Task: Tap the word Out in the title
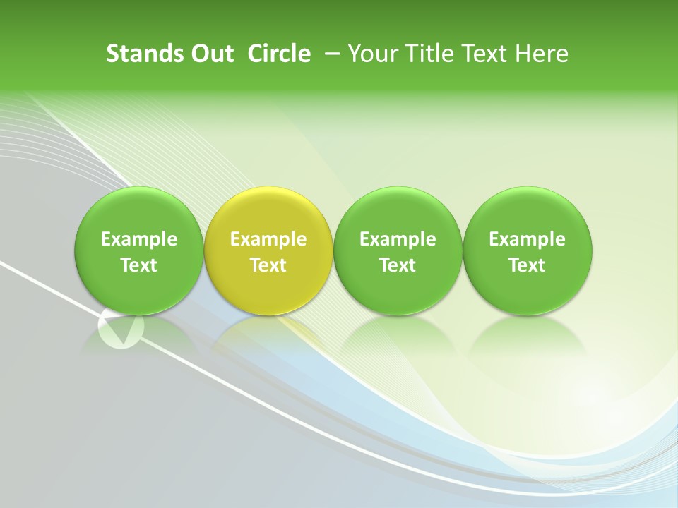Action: click(211, 54)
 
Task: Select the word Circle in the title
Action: click(279, 54)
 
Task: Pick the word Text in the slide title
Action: click(480, 54)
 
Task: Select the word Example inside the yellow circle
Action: click(268, 239)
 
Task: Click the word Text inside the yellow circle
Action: click(268, 265)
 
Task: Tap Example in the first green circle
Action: click(139, 239)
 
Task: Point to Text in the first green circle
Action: click(139, 265)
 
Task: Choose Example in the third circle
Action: click(398, 239)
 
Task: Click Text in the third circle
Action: click(398, 265)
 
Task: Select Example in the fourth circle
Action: click(528, 239)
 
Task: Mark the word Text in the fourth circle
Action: click(528, 265)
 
